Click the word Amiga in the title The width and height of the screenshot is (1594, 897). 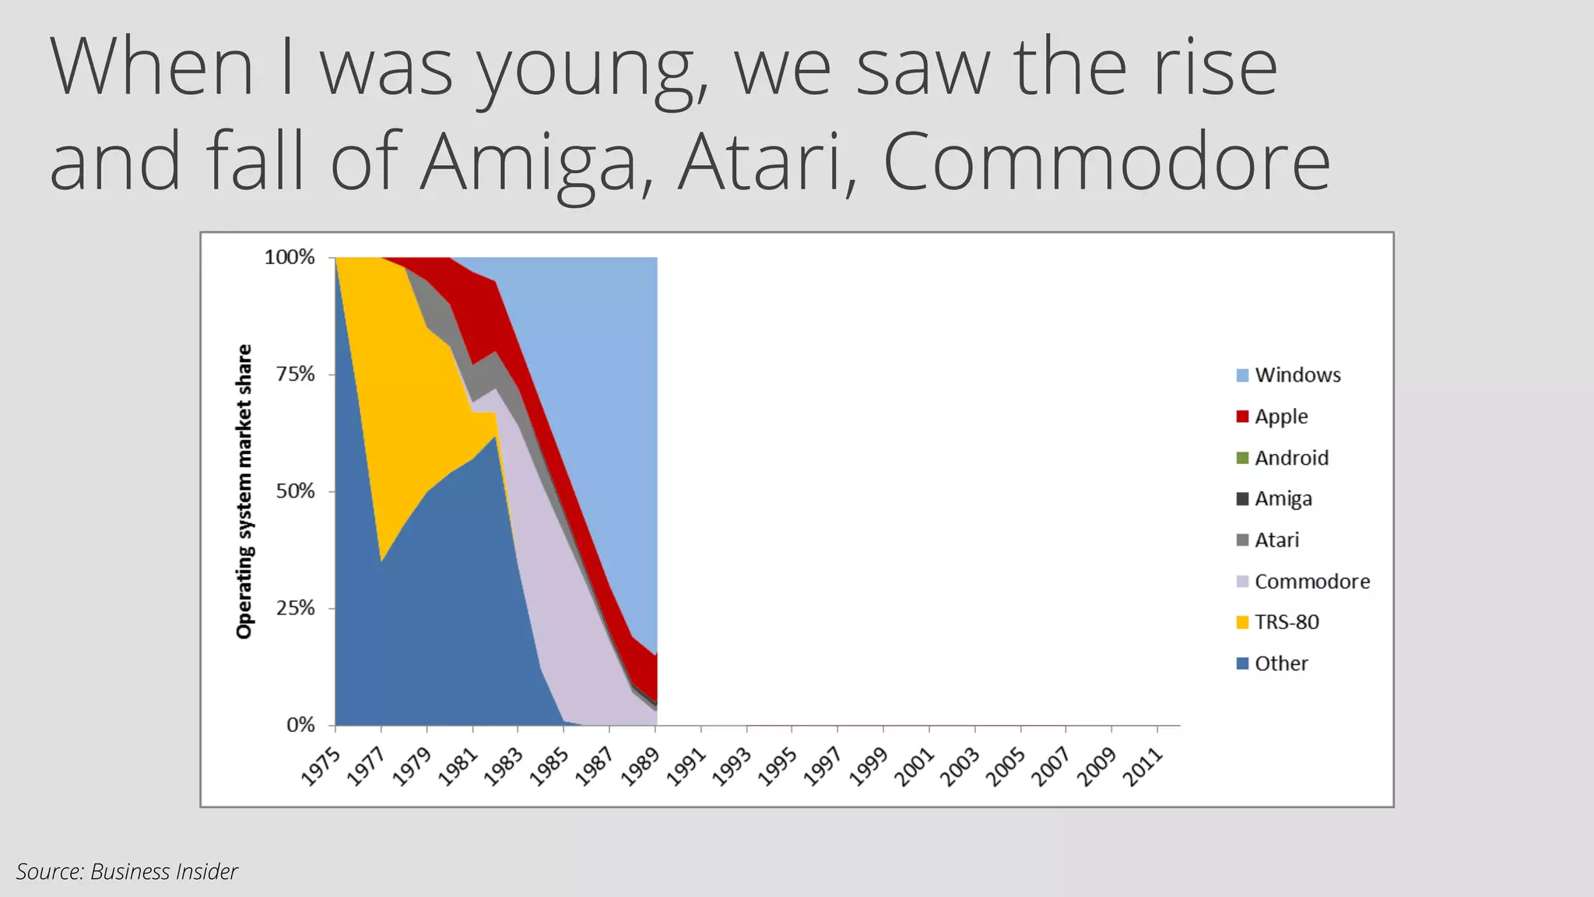click(x=528, y=162)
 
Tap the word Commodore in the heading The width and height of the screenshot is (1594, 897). click(x=1106, y=162)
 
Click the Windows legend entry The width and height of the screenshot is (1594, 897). click(x=1297, y=375)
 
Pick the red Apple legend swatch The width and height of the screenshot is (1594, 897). click(x=1242, y=417)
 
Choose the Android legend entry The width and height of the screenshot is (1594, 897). click(x=1290, y=458)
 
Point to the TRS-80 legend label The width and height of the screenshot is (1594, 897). click(x=1287, y=622)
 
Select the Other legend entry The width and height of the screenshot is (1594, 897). click(x=1280, y=663)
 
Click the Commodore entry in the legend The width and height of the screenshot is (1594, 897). click(x=1311, y=582)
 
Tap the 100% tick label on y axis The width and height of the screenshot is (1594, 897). click(x=290, y=257)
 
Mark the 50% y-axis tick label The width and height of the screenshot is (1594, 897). click(x=295, y=491)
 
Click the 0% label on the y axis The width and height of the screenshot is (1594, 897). click(x=300, y=726)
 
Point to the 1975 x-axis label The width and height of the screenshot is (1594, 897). click(x=321, y=767)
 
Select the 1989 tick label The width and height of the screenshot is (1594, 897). click(x=641, y=767)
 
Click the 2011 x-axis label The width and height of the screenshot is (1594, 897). click(x=1143, y=767)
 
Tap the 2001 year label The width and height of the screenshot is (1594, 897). click(x=915, y=767)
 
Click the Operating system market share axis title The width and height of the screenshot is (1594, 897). click(x=244, y=491)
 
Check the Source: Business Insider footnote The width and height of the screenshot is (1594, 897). click(x=127, y=871)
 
